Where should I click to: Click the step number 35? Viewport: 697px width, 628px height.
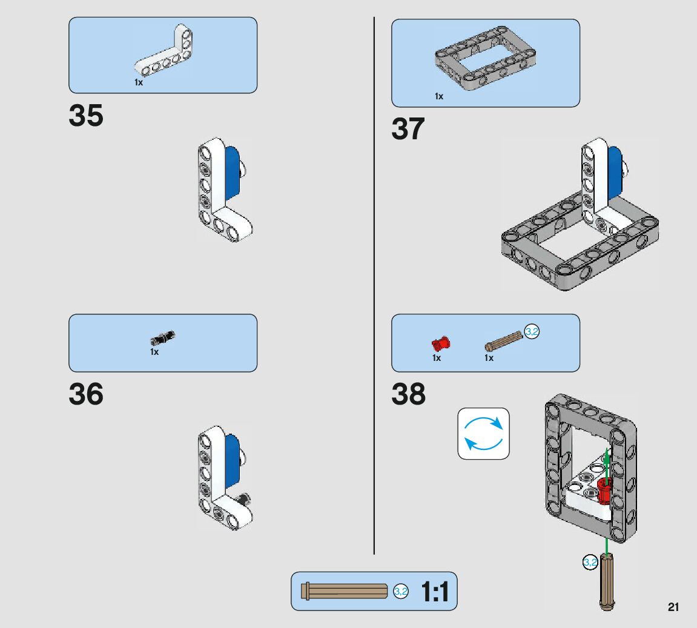pyautogui.click(x=86, y=116)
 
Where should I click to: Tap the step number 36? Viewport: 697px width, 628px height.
pyautogui.click(x=86, y=394)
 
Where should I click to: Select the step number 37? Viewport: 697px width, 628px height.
pyautogui.click(x=408, y=129)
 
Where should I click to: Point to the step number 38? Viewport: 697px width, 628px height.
pyautogui.click(x=408, y=394)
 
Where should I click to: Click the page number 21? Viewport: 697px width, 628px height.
pyautogui.click(x=673, y=607)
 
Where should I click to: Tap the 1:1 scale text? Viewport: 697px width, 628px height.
pyautogui.click(x=435, y=592)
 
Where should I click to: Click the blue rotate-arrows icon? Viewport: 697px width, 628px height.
pyautogui.click(x=483, y=434)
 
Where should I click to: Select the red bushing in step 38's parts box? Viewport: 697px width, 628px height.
pyautogui.click(x=441, y=344)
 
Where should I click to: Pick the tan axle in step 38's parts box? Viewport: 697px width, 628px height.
pyautogui.click(x=503, y=343)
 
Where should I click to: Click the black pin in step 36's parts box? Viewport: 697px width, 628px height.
pyautogui.click(x=163, y=336)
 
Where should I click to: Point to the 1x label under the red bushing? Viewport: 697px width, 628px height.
pyautogui.click(x=437, y=358)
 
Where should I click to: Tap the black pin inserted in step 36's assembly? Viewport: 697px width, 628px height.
pyautogui.click(x=245, y=499)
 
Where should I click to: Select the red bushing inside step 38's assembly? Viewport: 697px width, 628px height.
pyautogui.click(x=604, y=490)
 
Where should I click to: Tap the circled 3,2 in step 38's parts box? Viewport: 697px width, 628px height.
pyautogui.click(x=532, y=331)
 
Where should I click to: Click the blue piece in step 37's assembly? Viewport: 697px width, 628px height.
pyautogui.click(x=615, y=173)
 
